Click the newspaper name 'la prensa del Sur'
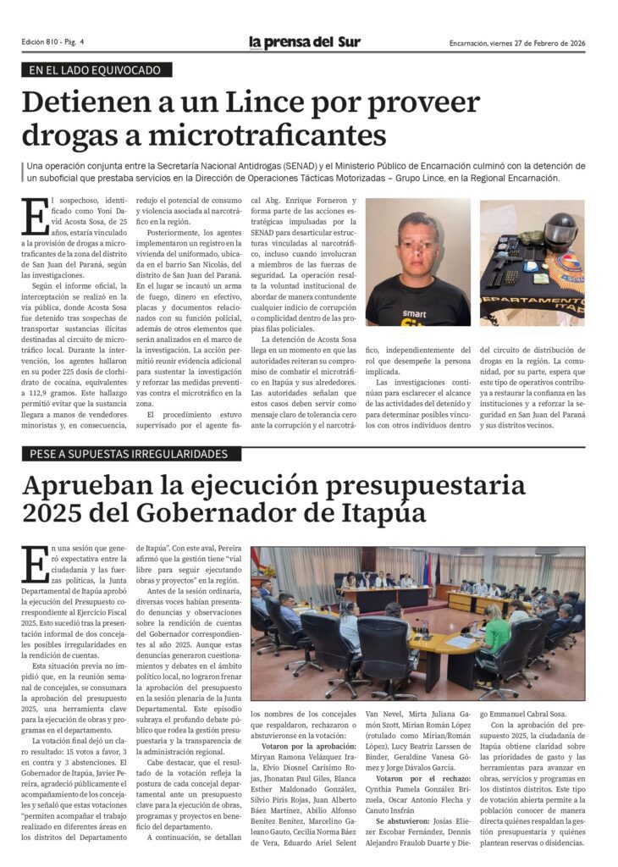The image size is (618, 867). [x=304, y=41]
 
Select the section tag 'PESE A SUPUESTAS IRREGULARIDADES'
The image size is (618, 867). [x=131, y=454]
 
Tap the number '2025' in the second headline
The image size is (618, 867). [x=57, y=512]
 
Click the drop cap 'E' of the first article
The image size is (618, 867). [x=36, y=217]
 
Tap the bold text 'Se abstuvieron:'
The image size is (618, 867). [x=403, y=821]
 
